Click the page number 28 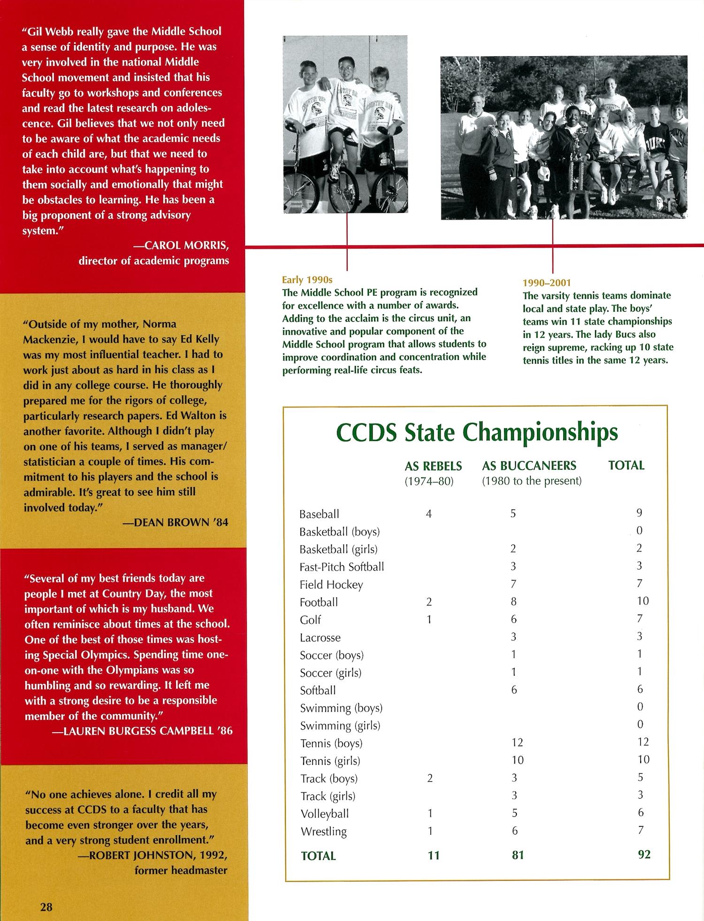coord(46,906)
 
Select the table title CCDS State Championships coord(477,433)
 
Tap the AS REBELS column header coord(433,466)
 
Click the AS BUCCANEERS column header coord(529,466)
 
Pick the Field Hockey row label coord(331,585)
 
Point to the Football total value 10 coord(643,601)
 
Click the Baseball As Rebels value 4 coord(429,514)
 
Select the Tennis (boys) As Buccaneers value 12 coord(517,742)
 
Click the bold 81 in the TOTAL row coord(517,855)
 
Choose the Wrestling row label coord(323,832)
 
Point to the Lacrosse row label coord(320,638)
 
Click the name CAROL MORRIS coord(186,246)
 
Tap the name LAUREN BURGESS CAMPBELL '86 coord(148,731)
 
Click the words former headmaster coord(181,870)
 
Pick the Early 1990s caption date coord(307,280)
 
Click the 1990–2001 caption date coord(546,283)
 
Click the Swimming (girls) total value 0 coord(640,725)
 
